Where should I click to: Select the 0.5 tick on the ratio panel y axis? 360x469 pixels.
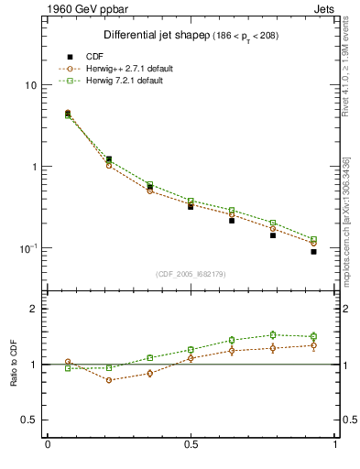click(28, 420)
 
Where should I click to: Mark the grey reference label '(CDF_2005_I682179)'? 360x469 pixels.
click(191, 274)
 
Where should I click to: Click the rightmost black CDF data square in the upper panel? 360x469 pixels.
click(313, 251)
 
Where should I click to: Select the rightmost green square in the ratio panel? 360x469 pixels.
click(313, 336)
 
